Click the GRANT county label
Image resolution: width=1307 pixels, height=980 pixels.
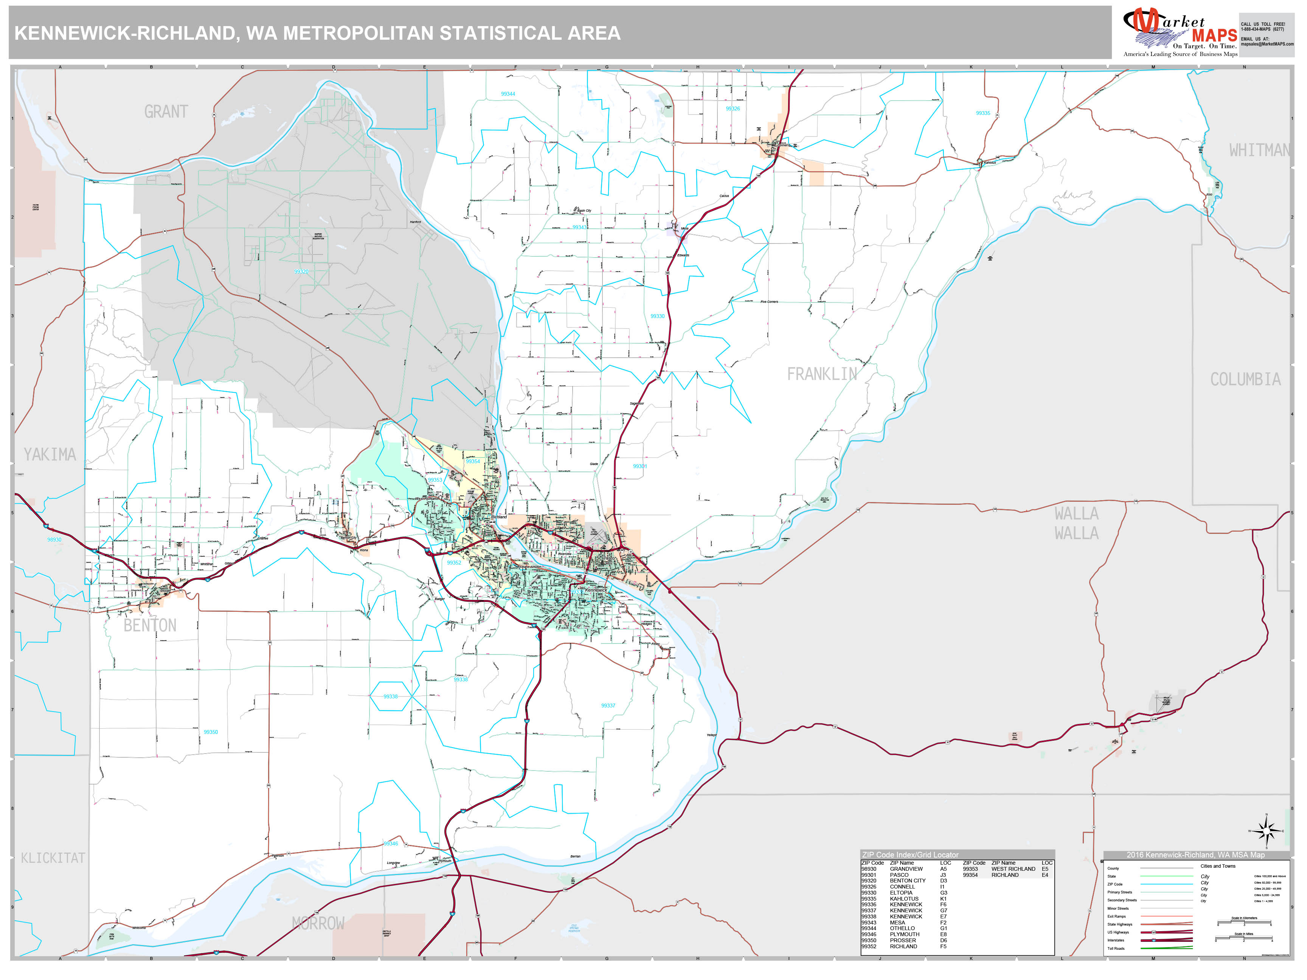click(166, 112)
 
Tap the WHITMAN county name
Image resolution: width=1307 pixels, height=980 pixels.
click(1259, 150)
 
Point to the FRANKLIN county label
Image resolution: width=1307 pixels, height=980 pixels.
click(821, 374)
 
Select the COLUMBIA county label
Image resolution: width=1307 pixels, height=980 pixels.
click(1245, 379)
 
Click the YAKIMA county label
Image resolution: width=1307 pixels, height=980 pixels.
click(50, 454)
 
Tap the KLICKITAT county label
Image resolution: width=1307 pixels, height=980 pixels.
click(53, 858)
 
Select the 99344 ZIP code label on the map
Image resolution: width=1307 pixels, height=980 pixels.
click(508, 94)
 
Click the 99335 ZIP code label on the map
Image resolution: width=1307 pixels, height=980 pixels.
click(983, 113)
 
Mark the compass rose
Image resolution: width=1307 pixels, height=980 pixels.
click(1266, 831)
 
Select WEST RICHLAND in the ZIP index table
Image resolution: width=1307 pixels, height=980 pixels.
click(1013, 869)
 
